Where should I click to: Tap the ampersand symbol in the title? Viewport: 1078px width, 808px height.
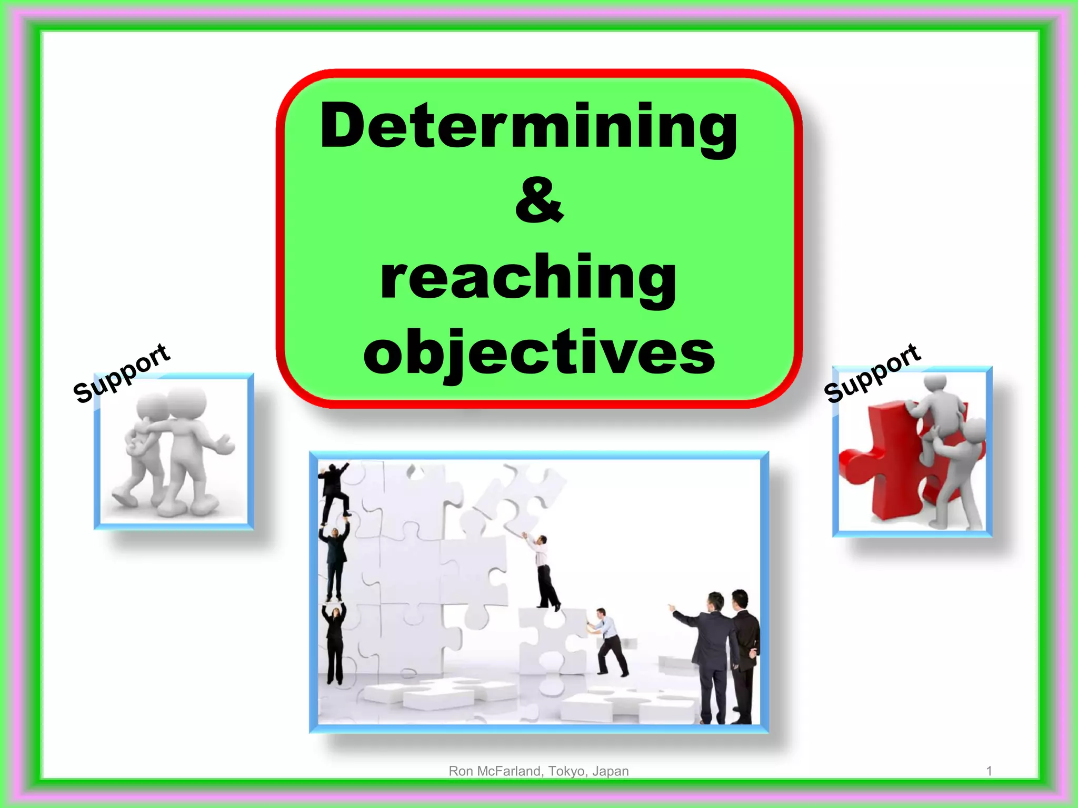click(539, 201)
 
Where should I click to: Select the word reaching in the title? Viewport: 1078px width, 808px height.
click(528, 278)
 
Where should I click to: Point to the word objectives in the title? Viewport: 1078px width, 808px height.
click(539, 351)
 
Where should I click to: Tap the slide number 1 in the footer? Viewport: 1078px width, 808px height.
click(989, 771)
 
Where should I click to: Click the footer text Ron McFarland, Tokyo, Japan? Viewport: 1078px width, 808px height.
click(538, 771)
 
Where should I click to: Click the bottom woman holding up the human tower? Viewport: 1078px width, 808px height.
click(335, 644)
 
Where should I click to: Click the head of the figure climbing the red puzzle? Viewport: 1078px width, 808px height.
click(936, 383)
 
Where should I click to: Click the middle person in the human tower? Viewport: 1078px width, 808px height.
click(335, 560)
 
